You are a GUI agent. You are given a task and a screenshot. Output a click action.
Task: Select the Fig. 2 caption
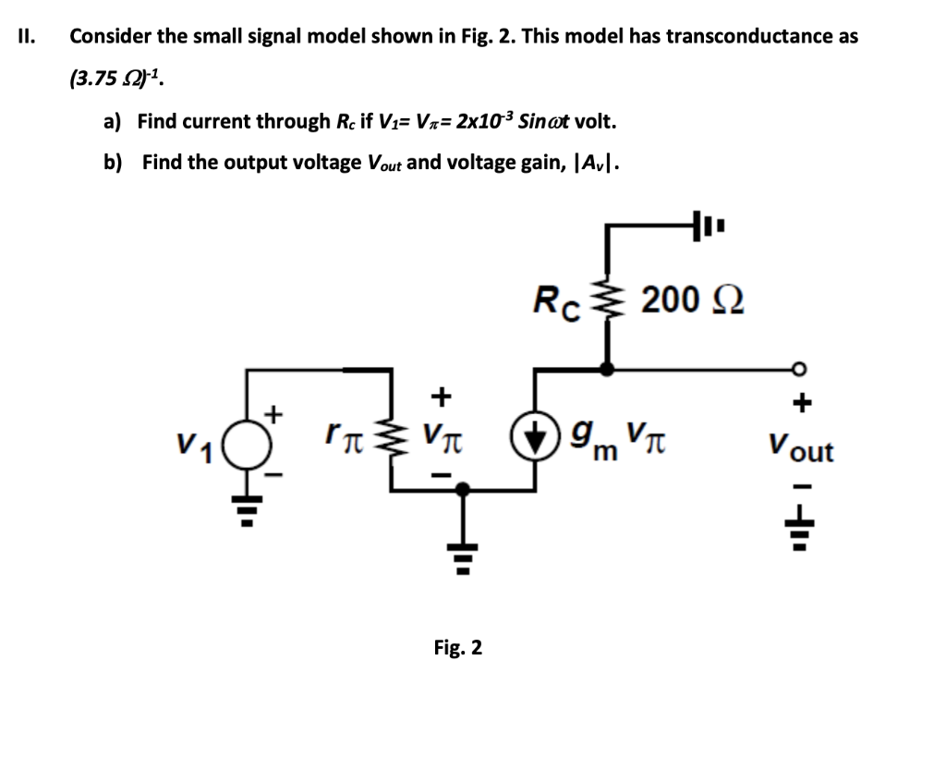pos(458,647)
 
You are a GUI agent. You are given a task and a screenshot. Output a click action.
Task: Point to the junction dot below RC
pos(607,369)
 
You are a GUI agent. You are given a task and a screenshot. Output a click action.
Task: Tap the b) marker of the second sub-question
pos(113,163)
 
